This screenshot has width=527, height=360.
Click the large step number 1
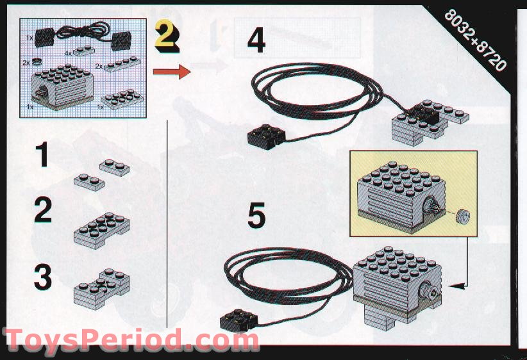click(43, 154)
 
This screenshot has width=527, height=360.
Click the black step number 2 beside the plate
click(43, 209)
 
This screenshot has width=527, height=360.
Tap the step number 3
click(43, 277)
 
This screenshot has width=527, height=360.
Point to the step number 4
click(256, 40)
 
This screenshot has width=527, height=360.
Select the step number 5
click(256, 216)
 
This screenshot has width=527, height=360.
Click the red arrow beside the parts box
click(172, 72)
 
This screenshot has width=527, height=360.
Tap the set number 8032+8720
click(475, 40)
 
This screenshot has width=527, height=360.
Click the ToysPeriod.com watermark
click(132, 340)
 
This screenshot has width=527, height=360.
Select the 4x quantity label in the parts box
click(68, 53)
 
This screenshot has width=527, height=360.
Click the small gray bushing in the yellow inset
click(463, 217)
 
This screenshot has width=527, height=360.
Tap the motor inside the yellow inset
click(401, 197)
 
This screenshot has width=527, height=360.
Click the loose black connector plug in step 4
click(266, 136)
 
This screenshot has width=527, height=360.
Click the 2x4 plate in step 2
click(101, 230)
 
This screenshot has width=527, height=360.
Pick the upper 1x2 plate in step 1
click(115, 167)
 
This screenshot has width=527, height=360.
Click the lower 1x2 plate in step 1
click(89, 183)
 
